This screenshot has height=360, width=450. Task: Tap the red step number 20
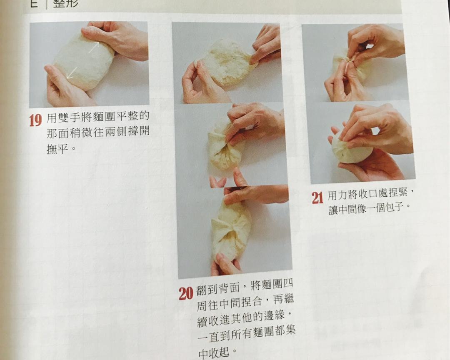(186, 293)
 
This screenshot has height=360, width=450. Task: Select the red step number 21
(317, 197)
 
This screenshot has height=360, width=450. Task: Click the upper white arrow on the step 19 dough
(94, 47)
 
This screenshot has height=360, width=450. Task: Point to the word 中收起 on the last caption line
(213, 353)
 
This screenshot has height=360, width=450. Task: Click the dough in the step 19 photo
(83, 62)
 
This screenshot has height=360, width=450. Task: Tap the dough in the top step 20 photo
(227, 62)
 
